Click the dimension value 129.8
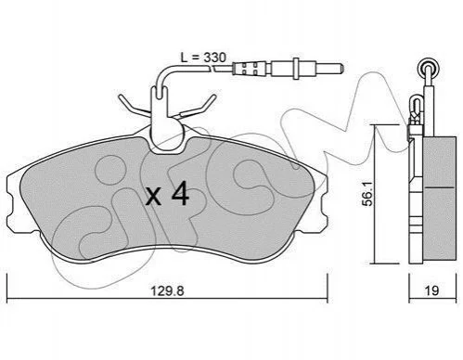(x=167, y=290)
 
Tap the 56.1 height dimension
(x=368, y=194)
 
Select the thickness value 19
(x=431, y=290)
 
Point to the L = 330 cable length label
(x=203, y=58)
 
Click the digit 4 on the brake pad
(x=180, y=193)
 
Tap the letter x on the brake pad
(x=154, y=197)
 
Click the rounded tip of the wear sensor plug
(x=341, y=68)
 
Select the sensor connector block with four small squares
(x=250, y=69)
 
